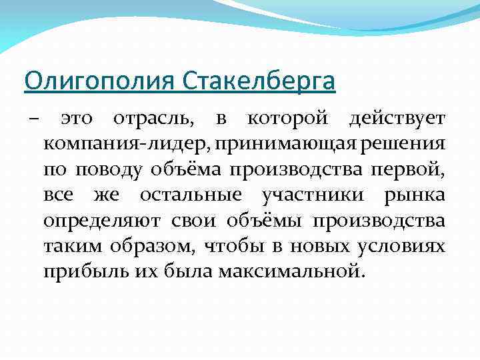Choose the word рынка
pos(415,196)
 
